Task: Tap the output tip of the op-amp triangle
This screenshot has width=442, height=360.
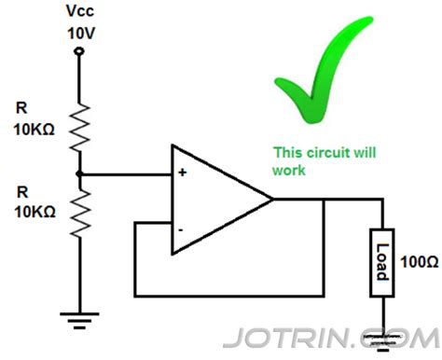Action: pyautogui.click(x=271, y=199)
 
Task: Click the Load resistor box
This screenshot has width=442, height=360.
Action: pyautogui.click(x=382, y=263)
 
